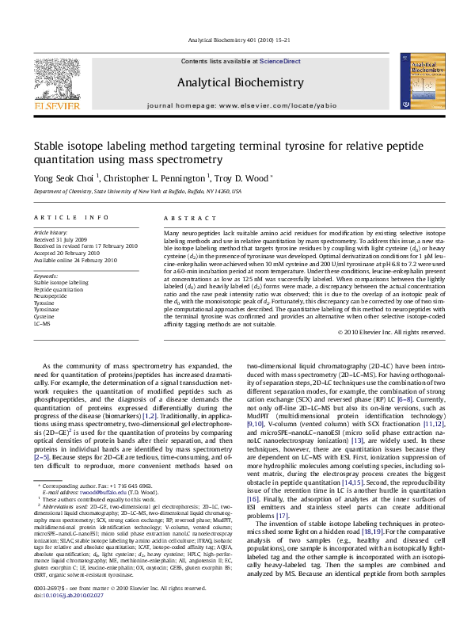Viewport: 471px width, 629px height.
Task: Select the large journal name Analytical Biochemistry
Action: click(235, 82)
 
